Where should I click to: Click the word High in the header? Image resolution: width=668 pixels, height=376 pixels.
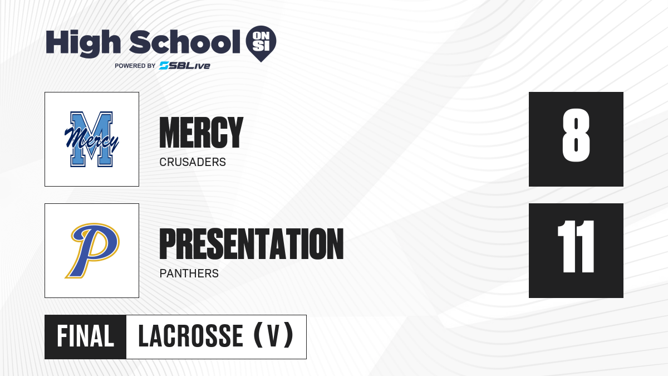click(x=83, y=43)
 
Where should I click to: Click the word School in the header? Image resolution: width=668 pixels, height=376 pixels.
click(x=185, y=42)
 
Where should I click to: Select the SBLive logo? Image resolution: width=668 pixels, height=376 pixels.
click(x=185, y=66)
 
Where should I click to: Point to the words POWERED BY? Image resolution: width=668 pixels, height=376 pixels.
click(x=135, y=66)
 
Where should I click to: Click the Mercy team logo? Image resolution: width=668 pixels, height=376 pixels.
click(x=92, y=139)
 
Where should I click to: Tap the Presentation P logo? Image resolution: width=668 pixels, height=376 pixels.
click(x=92, y=251)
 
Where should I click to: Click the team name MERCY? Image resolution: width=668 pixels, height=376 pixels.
click(x=202, y=133)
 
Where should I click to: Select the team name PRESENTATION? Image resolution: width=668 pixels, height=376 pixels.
click(x=252, y=244)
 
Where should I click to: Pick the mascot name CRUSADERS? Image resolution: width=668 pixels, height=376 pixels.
click(x=193, y=162)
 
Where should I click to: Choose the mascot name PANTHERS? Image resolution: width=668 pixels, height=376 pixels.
click(x=189, y=274)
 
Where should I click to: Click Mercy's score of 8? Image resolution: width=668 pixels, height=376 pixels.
click(x=576, y=135)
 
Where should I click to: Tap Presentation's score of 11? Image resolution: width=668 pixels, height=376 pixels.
click(x=576, y=246)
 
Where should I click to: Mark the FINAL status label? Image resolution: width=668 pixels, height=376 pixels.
click(x=85, y=336)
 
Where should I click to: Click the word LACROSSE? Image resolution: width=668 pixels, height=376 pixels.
click(x=190, y=336)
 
